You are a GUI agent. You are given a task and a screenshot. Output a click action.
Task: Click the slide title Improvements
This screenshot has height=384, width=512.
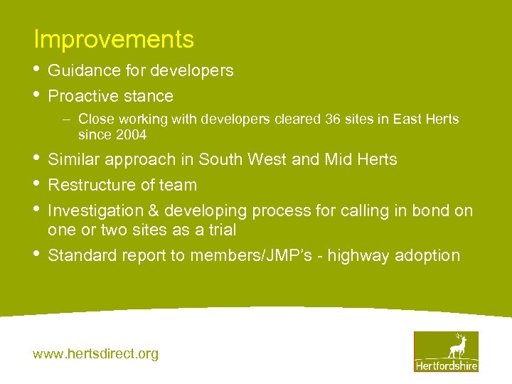coord(114,40)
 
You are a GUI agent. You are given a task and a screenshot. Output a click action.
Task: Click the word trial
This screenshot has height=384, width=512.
coord(220,230)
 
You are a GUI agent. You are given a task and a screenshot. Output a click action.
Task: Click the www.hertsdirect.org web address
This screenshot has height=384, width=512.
coord(96,353)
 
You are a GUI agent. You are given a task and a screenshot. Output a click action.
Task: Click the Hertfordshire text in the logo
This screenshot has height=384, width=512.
coord(446,366)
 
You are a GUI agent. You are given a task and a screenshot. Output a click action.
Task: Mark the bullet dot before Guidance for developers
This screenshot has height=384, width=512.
coord(37,70)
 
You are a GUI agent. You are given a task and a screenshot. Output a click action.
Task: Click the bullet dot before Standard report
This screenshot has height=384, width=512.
coord(37,255)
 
